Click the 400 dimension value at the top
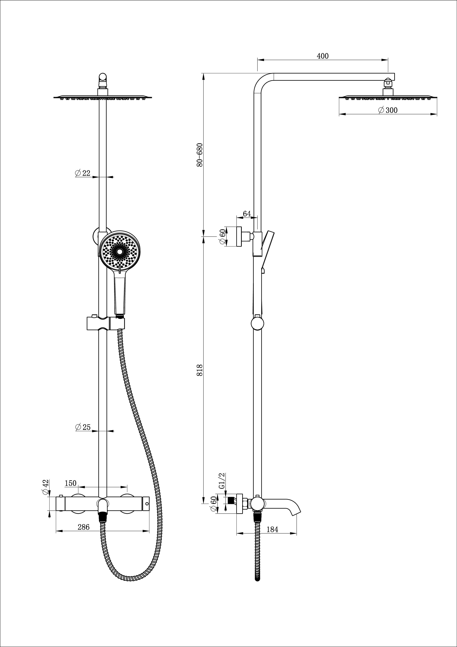tap(322, 56)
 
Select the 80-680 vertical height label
tap(200, 155)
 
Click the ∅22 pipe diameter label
tap(83, 173)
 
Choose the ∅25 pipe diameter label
tap(83, 427)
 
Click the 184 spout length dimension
tap(272, 530)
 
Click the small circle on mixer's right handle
tap(146, 504)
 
